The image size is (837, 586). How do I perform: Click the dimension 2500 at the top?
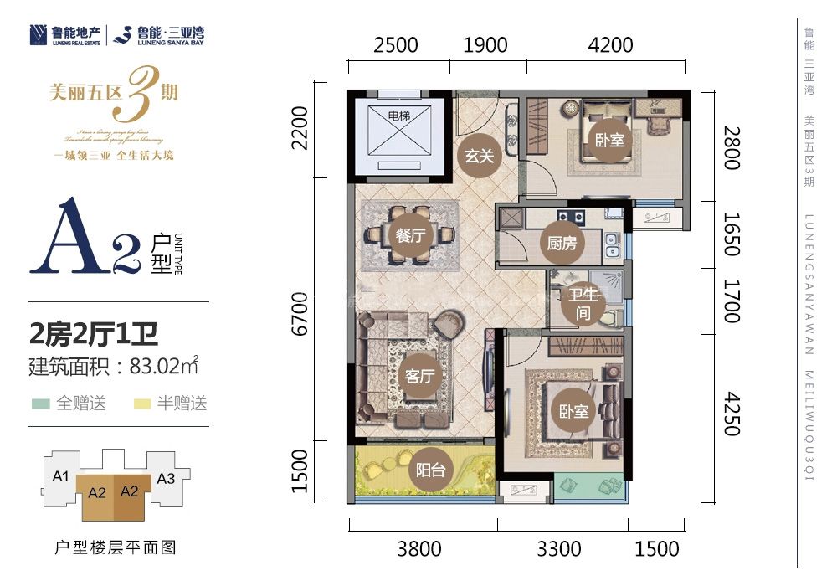(x=396, y=45)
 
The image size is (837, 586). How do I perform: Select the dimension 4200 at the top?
(x=611, y=45)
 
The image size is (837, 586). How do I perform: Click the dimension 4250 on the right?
(x=730, y=410)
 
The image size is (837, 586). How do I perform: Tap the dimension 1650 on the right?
(x=730, y=235)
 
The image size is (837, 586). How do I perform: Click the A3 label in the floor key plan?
(x=166, y=479)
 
